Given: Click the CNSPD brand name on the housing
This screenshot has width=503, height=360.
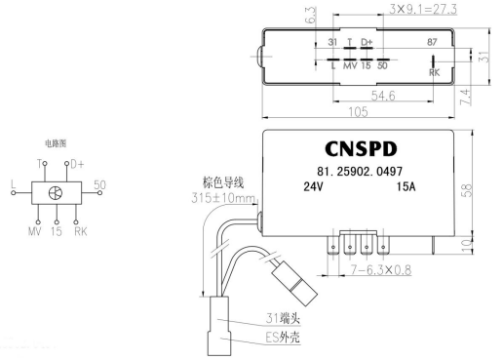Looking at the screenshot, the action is coord(361,149).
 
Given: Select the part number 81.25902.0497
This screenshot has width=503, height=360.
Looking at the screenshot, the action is coord(360,171).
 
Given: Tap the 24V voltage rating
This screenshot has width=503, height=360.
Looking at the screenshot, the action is coord(313,186).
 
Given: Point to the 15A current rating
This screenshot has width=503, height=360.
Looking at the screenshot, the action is coord(406,186).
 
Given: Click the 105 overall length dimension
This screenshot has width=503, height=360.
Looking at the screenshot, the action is coord(358,112).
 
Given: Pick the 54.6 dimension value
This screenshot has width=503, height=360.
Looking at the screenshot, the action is coord(383,96).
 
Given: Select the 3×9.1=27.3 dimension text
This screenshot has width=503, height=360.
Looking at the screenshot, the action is coord(423,9).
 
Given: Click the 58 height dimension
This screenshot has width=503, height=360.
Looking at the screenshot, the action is coord(466,190).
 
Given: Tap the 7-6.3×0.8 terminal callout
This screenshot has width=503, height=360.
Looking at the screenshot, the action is coord(381,270).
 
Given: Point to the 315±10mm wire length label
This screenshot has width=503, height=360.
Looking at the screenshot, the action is coord(223,198).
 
